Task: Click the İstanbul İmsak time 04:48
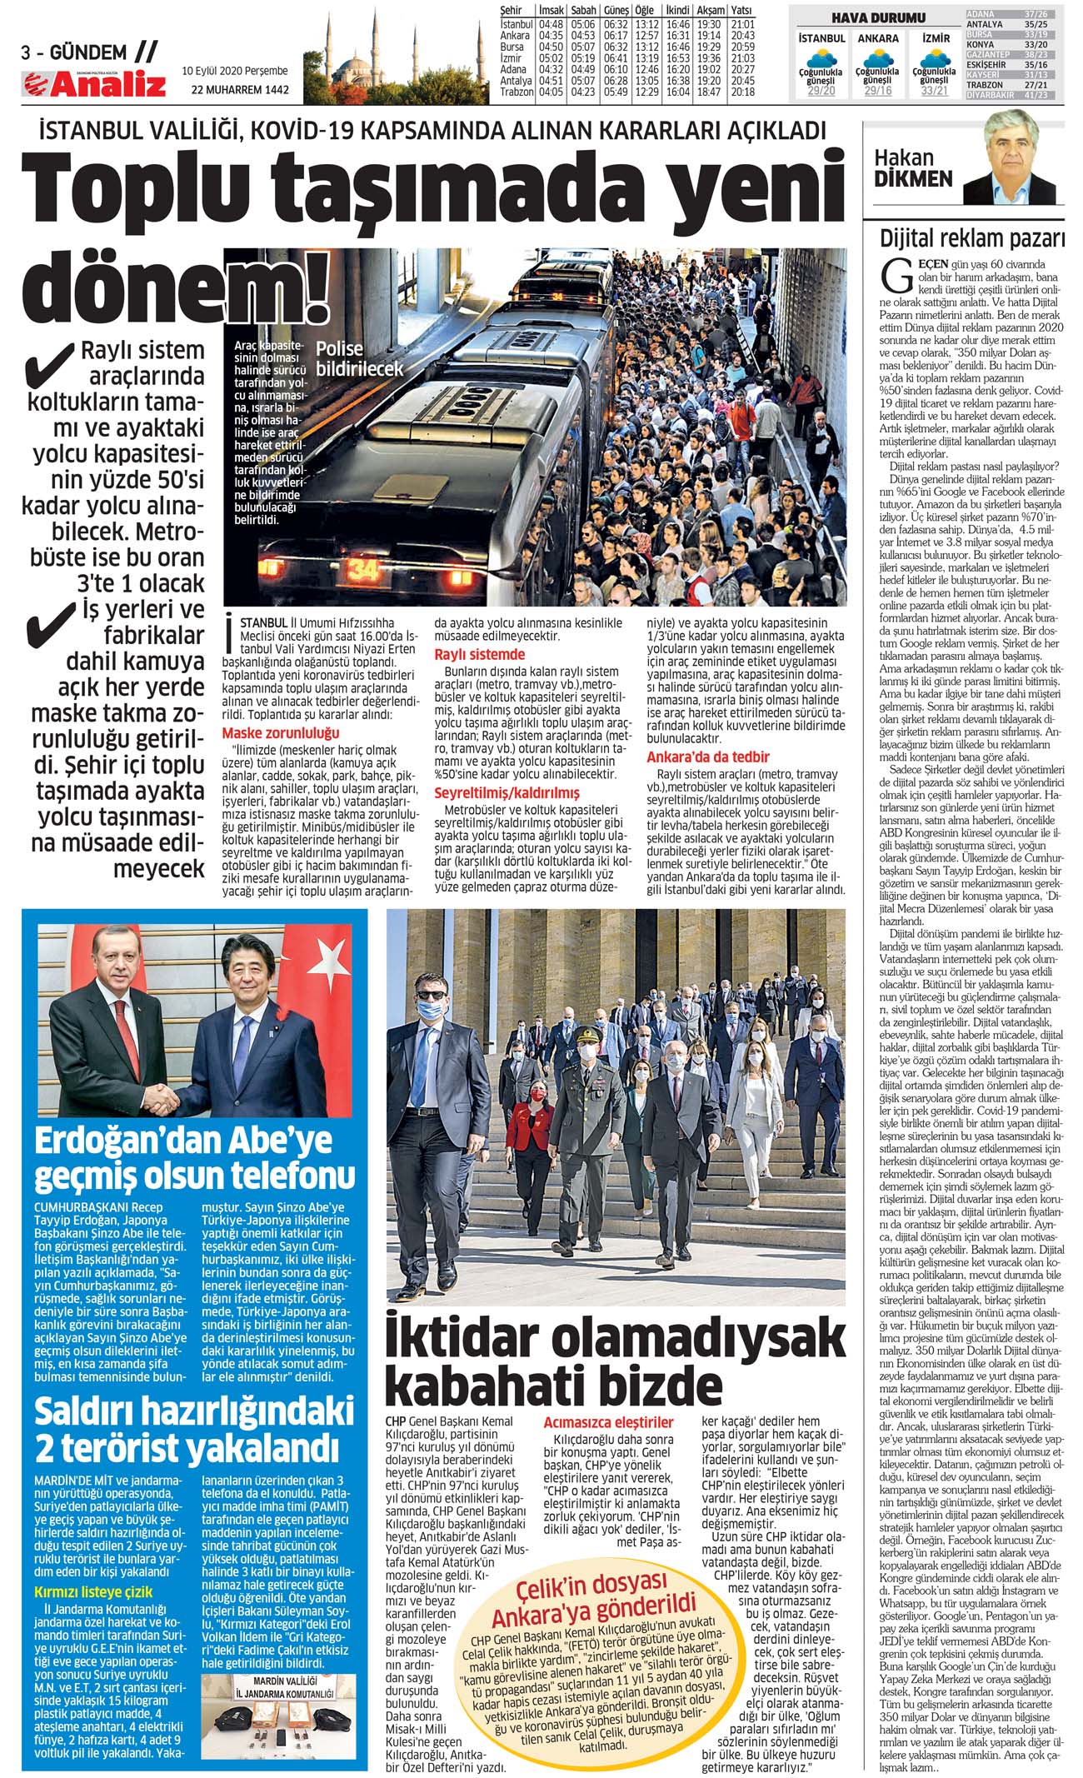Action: tap(551, 25)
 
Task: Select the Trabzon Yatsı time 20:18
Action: tap(741, 92)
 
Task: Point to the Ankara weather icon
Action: tap(877, 60)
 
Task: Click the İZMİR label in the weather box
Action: tap(936, 38)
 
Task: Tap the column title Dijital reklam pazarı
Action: tap(972, 239)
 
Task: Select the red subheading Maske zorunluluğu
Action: tap(281, 733)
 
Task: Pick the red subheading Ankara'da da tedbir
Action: tap(708, 757)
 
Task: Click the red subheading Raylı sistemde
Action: tap(480, 655)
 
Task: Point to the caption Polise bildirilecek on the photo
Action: tap(359, 359)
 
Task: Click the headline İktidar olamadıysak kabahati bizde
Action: tap(615, 1362)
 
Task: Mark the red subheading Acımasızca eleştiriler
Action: tap(608, 1423)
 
